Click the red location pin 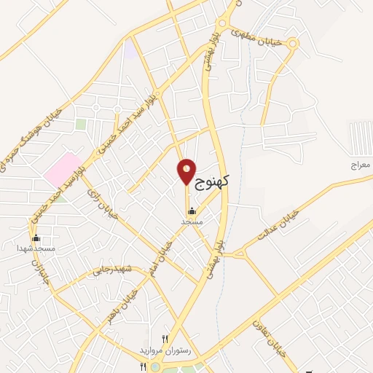point(186,170)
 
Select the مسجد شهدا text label point(36,248)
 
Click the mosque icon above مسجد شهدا point(36,238)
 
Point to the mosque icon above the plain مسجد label point(192,211)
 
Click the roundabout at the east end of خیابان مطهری point(293,44)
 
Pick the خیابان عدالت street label point(280,228)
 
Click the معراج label point(360,166)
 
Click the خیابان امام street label point(159,251)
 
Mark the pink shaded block point(63,168)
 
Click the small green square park point(81,125)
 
